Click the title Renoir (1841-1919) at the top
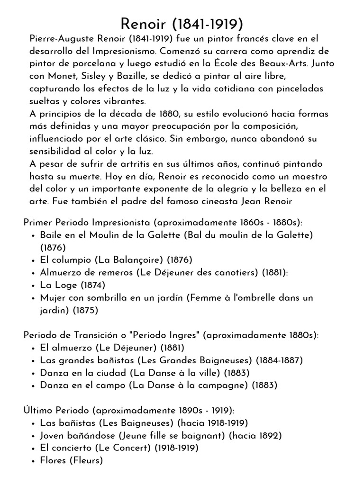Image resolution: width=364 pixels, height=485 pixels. click(x=182, y=24)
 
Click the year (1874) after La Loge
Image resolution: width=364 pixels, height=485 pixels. click(x=92, y=285)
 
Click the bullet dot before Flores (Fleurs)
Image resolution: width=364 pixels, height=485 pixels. click(x=32, y=460)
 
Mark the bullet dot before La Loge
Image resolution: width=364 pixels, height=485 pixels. click(x=32, y=286)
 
